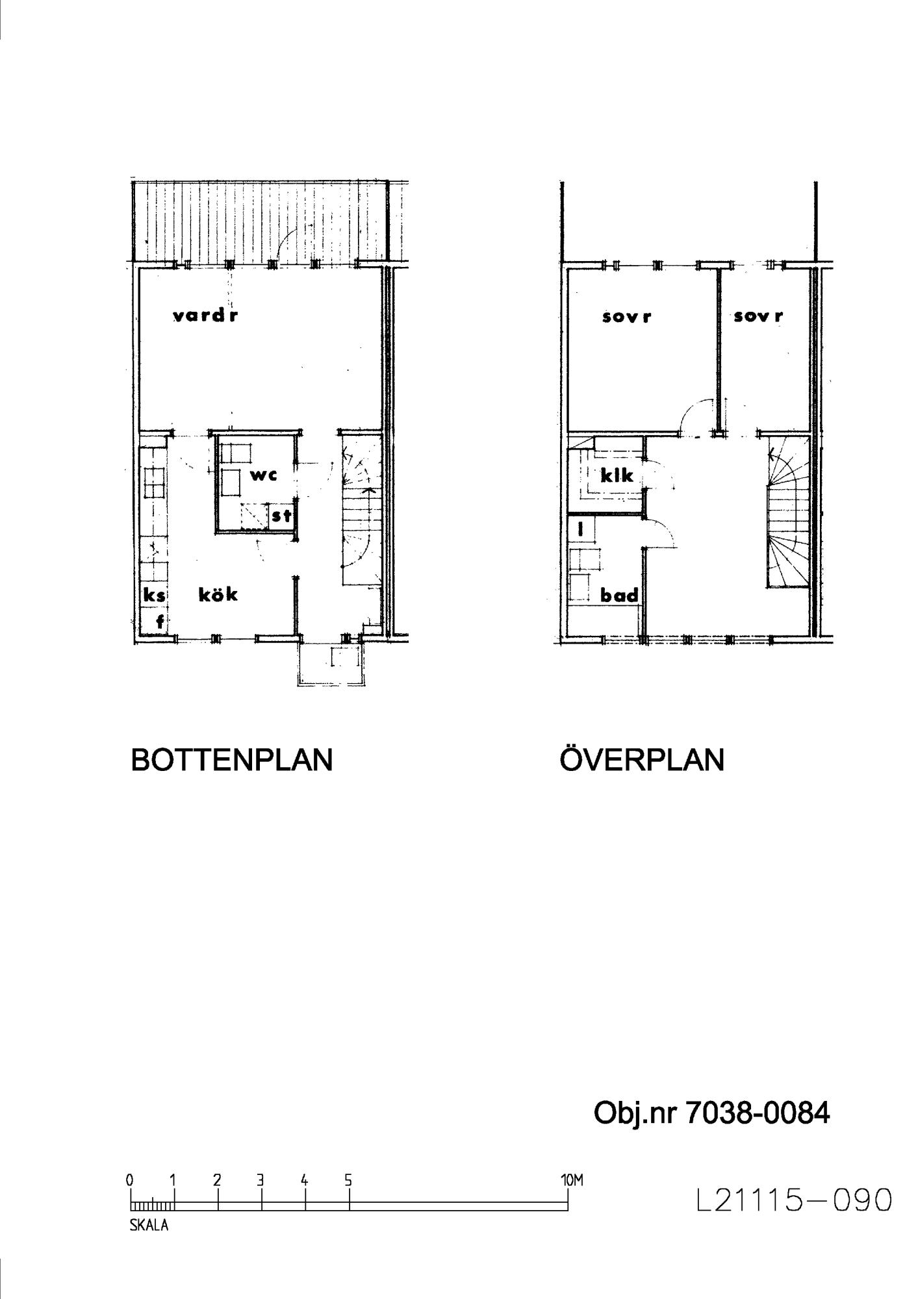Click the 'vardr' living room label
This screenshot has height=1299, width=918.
[x=205, y=316]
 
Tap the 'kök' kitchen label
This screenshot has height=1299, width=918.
[x=218, y=594]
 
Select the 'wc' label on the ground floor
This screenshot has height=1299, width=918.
[x=264, y=475]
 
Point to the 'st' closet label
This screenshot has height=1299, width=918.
[x=281, y=517]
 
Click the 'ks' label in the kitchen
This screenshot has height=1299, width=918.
[x=154, y=596]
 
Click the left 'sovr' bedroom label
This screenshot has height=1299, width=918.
[x=626, y=317]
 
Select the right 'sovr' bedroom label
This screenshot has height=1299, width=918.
[x=758, y=316]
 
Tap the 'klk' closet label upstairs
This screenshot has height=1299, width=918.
[x=617, y=476]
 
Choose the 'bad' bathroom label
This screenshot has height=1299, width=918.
[x=619, y=595]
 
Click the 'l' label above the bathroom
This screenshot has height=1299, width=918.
[x=581, y=529]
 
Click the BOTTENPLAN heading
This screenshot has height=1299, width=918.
[x=232, y=759]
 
